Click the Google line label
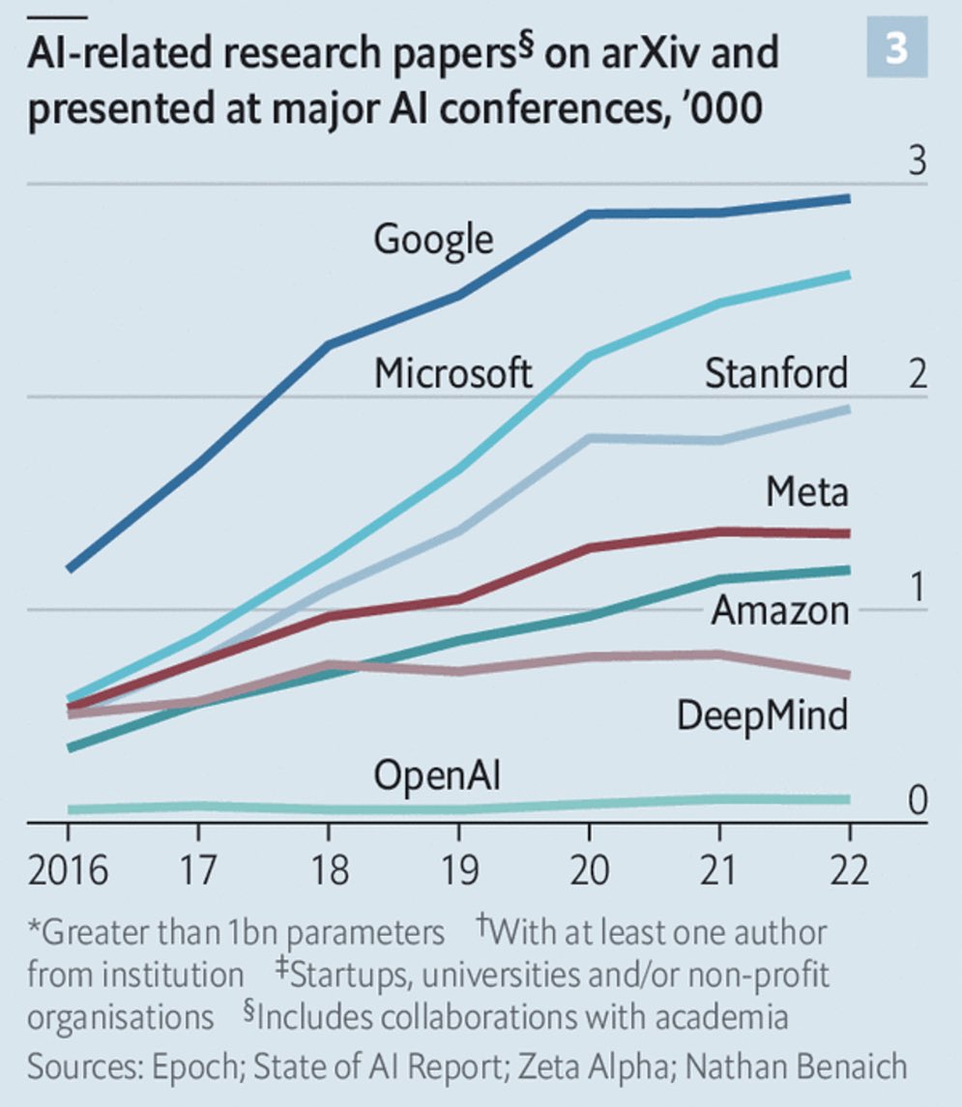[x=433, y=239]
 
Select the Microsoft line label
[x=453, y=372]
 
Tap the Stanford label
[x=775, y=372]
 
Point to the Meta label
[x=806, y=492]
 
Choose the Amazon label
[x=779, y=610]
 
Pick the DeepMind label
[x=762, y=715]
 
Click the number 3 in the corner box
[x=896, y=49]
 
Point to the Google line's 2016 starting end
[x=70, y=568]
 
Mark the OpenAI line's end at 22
[x=847, y=800]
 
